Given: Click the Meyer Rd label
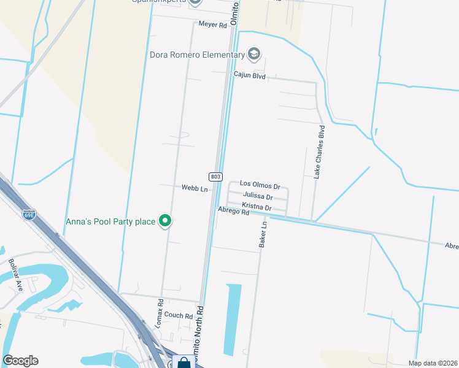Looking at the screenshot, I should point(213,24).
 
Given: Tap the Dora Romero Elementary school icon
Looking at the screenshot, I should point(254,55).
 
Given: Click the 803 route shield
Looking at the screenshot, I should point(215,177).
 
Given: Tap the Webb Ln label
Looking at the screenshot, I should point(195,188).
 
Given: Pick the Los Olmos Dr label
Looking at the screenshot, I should point(260,184).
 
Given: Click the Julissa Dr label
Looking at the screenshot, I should point(258,196).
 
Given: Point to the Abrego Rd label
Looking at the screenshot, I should point(233,212).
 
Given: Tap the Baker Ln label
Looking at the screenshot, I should point(264,234).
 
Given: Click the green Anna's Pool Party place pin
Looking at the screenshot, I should point(164,221).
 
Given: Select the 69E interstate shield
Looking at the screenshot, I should point(29,214).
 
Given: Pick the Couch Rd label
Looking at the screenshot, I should point(179,315).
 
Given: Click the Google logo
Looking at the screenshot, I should point(20,361).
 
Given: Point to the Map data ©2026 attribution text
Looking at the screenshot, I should point(433,363).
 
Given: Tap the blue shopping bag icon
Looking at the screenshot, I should point(183,362).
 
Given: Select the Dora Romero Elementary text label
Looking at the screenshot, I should point(197,55).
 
